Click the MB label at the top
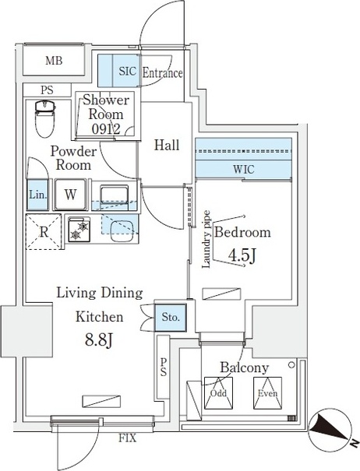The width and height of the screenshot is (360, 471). pos(53,62)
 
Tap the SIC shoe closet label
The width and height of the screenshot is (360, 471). pos(127,72)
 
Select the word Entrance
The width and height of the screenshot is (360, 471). pos(162,73)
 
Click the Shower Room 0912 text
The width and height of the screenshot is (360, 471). pos(110,114)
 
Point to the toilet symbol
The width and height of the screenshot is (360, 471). pos(44,119)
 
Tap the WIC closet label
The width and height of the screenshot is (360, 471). pos(242,169)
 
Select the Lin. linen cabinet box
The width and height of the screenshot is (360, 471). pos(37,194)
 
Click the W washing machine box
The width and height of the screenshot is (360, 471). pos(70,194)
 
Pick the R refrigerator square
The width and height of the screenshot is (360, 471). pos(44,230)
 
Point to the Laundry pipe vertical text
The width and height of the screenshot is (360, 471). pos(207,238)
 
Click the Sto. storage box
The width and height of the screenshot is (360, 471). pos(171,317)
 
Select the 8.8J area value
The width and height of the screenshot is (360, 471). pos(99,340)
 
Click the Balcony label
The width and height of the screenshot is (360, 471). pos(244,367)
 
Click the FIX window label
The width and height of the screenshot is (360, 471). pos(127,438)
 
